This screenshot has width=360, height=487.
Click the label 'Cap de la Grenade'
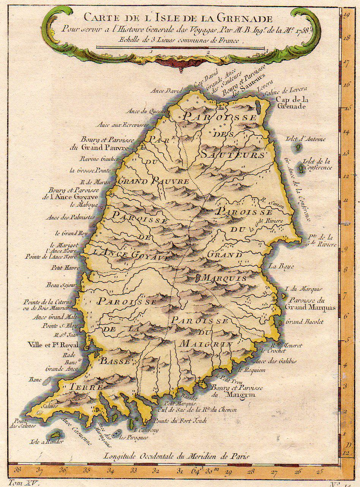291,103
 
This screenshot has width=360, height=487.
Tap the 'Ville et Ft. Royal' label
53,345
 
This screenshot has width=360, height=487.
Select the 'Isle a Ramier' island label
46,442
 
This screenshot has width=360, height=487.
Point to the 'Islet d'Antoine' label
305,139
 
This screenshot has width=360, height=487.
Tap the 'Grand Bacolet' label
304,321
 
